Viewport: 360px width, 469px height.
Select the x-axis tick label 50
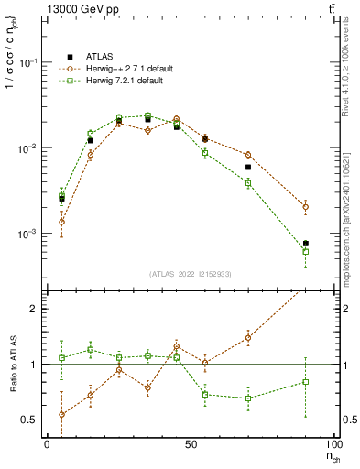[x=191, y=443]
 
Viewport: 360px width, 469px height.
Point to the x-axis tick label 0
[x=47, y=443]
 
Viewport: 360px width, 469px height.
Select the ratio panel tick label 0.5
[x=30, y=420]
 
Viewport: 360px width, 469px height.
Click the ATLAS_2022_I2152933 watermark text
[x=191, y=274]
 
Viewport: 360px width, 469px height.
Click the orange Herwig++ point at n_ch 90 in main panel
[x=305, y=207]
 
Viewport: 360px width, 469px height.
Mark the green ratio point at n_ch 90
[x=305, y=381]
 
